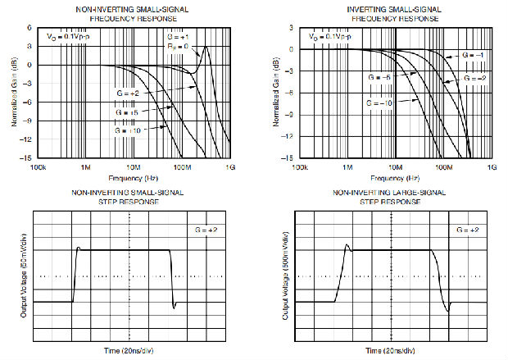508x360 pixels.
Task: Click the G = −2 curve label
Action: [476, 77]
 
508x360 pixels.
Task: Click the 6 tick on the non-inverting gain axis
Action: [29, 27]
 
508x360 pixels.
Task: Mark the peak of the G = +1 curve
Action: [207, 47]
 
